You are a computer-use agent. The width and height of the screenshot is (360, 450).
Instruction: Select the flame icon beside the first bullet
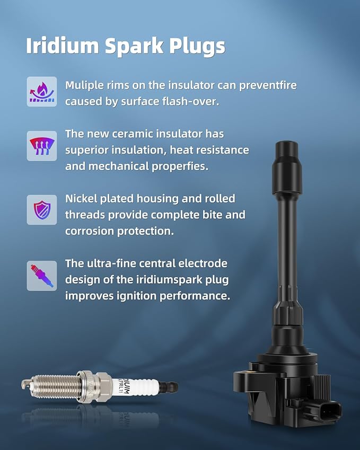(x=42, y=92)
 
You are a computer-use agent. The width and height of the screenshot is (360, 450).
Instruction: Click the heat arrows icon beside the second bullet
(x=42, y=146)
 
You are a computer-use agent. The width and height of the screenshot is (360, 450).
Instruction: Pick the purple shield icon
(x=42, y=209)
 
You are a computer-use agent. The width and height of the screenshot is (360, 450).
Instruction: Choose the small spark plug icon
(x=42, y=275)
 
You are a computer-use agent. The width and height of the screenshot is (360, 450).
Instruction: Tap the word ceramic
(x=143, y=134)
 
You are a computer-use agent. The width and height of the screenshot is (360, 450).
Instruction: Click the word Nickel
(x=81, y=198)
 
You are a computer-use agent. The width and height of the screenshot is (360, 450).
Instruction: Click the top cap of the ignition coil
(x=288, y=153)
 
